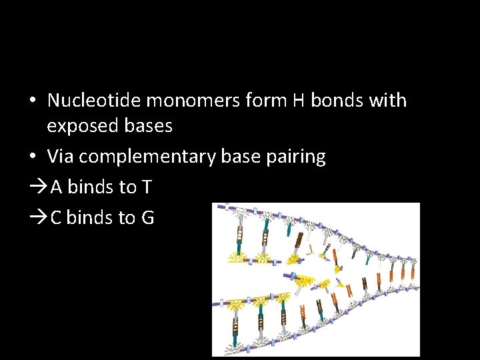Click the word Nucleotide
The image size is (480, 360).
(x=94, y=101)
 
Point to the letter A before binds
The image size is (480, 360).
(x=57, y=187)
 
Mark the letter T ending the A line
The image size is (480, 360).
(x=147, y=187)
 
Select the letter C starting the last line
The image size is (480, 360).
(x=56, y=217)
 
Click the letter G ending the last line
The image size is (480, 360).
(x=147, y=217)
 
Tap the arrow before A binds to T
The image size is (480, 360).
(x=38, y=187)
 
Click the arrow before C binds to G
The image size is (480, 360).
(x=38, y=217)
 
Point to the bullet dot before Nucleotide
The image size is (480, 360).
(x=32, y=101)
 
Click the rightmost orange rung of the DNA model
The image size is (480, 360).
(x=413, y=271)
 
